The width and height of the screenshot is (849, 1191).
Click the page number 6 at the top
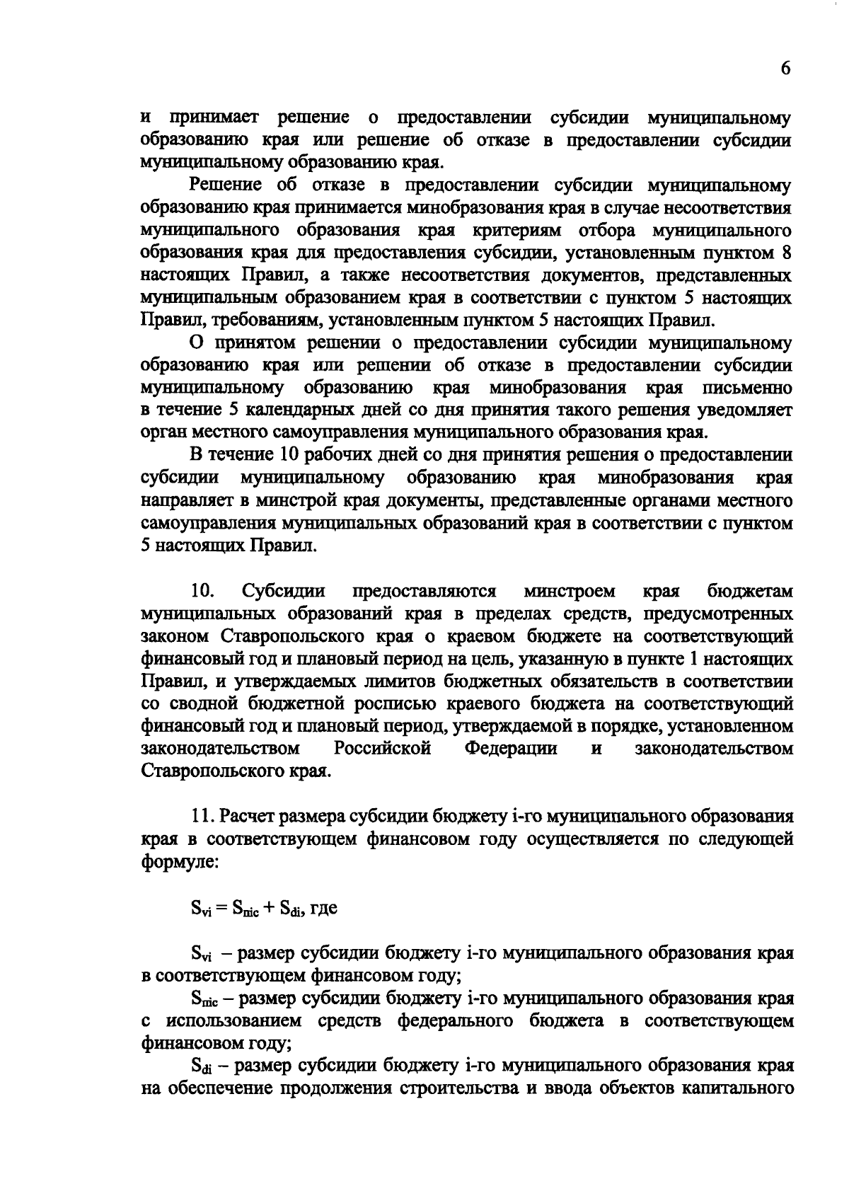point(785,68)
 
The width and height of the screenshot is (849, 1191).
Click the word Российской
point(383,748)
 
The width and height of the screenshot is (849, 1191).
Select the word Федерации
point(511,748)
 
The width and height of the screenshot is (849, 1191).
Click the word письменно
point(746,388)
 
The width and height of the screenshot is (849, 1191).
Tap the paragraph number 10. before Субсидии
point(203,590)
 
